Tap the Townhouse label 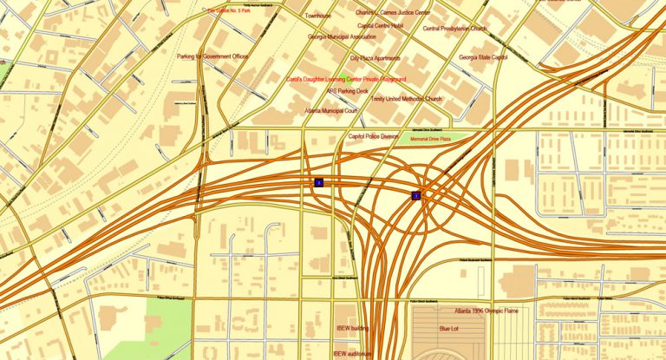(x=318, y=16)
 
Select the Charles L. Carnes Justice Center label (x=393, y=13)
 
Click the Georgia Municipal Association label (x=342, y=37)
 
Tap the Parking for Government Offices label (x=212, y=56)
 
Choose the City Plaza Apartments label (x=375, y=57)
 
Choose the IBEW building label (x=353, y=329)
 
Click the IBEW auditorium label (x=356, y=353)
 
